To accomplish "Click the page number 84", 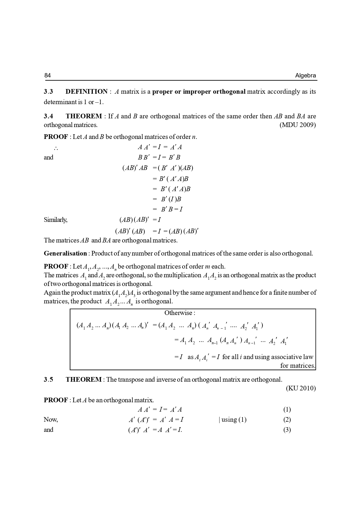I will click(48, 75).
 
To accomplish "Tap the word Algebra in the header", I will click(305, 76).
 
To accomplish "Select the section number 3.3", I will click(48, 92).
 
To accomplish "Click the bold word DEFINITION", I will click(86, 92).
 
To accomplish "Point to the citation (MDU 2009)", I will click(298, 125).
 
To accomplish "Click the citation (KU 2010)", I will click(301, 388).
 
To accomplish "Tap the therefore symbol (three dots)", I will click(56, 148).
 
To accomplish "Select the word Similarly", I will click(55, 220).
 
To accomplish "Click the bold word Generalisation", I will click(65, 253).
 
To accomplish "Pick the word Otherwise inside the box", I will click(178, 313).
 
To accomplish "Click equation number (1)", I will click(287, 410).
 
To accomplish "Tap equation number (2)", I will click(287, 420).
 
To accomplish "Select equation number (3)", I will click(287, 430).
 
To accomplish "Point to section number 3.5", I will click(48, 380).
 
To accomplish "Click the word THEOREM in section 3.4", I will click(84, 116).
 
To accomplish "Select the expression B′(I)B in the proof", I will click(171, 199).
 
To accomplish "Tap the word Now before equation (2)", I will click(51, 420).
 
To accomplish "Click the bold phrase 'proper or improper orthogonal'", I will click(199, 92).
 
